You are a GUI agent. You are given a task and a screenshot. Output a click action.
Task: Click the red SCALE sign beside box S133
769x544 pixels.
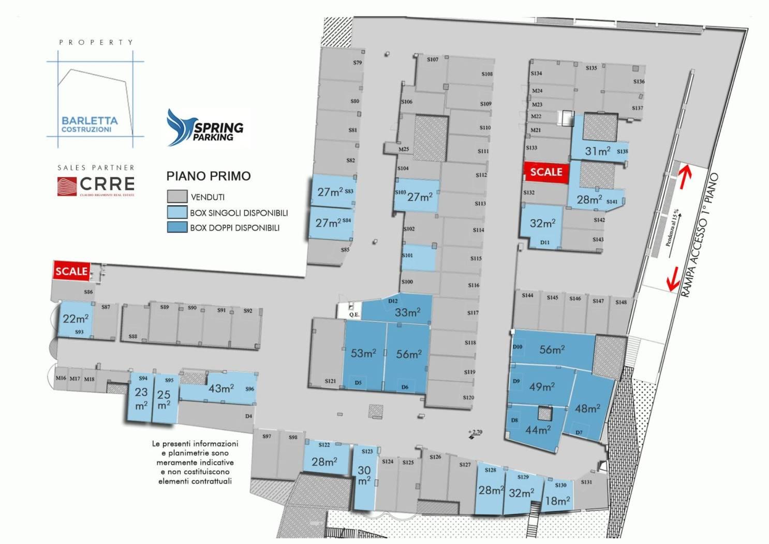click(x=546, y=172)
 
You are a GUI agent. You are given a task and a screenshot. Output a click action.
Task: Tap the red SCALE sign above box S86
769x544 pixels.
click(x=71, y=271)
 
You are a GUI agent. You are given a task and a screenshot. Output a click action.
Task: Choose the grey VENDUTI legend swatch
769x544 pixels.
click(x=176, y=197)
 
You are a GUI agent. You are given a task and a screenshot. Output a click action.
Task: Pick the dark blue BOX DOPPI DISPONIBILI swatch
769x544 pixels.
click(x=176, y=227)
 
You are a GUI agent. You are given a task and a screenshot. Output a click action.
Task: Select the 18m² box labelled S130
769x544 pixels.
click(x=558, y=499)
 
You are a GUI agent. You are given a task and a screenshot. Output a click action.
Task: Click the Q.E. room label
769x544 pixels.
click(x=354, y=314)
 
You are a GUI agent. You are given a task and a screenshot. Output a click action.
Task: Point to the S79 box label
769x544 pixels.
click(x=358, y=63)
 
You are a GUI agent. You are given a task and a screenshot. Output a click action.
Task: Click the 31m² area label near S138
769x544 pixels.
click(x=597, y=151)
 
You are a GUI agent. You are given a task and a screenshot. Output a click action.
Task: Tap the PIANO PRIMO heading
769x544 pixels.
click(x=208, y=176)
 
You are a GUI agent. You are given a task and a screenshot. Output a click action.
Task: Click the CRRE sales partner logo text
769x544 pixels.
click(x=107, y=184)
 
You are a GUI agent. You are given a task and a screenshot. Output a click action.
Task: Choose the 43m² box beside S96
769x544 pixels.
click(x=221, y=388)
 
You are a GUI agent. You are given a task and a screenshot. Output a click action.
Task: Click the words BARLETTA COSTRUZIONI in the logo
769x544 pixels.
click(x=90, y=124)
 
